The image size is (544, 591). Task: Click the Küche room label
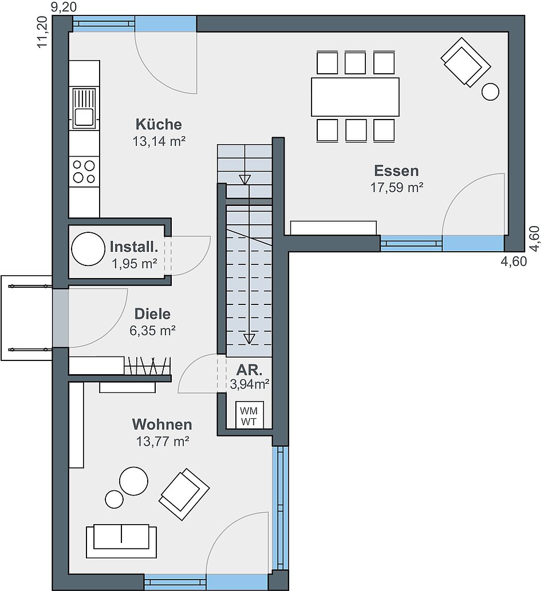(x=159, y=124)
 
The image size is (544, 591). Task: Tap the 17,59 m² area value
(x=396, y=187)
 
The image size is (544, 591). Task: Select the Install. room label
(x=134, y=247)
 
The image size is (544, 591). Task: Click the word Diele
(x=152, y=314)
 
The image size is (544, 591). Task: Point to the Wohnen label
(x=162, y=425)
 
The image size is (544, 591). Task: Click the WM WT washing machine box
(x=249, y=415)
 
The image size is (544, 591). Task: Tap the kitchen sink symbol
(x=84, y=108)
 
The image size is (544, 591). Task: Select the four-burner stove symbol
(x=84, y=172)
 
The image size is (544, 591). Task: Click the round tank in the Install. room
(x=88, y=249)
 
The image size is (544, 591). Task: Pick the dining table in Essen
(x=355, y=97)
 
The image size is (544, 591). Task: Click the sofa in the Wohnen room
(x=121, y=541)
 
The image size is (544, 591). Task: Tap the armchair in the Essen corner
(x=466, y=62)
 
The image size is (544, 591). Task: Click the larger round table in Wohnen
(x=133, y=481)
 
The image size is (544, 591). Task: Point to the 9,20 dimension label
(x=64, y=7)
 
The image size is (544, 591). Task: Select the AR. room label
(x=249, y=370)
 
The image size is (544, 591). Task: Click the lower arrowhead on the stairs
(x=249, y=339)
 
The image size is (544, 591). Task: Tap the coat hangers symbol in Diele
(x=147, y=365)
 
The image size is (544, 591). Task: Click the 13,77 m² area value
(x=163, y=441)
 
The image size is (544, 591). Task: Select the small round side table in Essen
(x=490, y=92)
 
